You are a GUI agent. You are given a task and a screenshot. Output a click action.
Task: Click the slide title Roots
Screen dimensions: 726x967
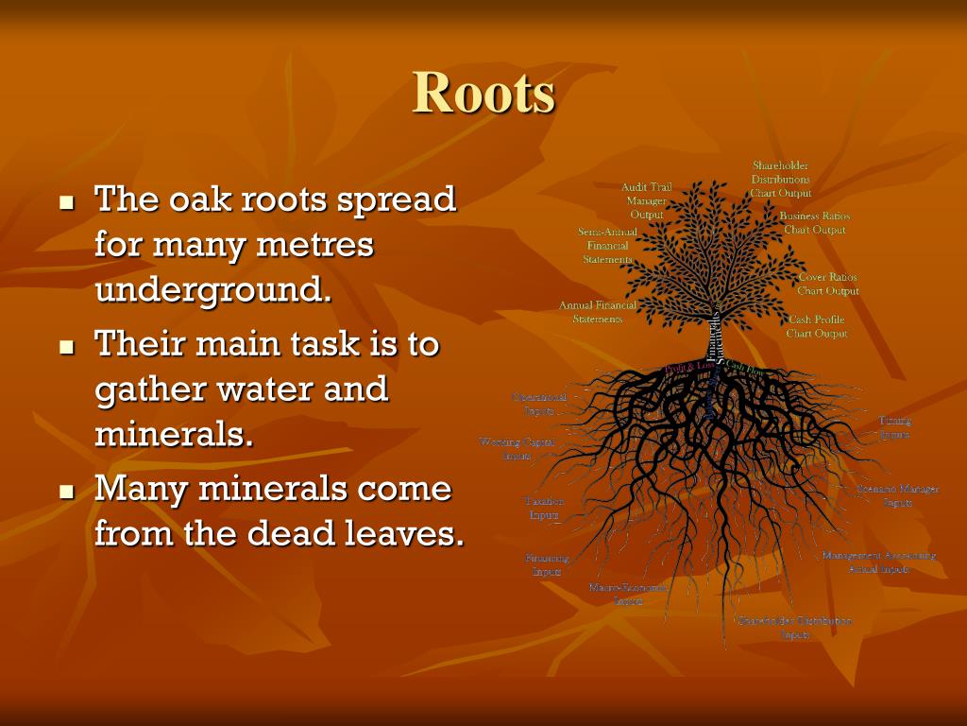click(x=483, y=93)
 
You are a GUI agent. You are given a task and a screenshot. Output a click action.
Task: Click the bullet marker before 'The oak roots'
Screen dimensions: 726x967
click(x=66, y=202)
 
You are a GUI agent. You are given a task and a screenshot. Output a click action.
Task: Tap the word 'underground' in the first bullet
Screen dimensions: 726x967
click(x=213, y=289)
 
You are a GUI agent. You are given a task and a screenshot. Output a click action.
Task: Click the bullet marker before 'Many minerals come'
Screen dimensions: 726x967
click(x=66, y=493)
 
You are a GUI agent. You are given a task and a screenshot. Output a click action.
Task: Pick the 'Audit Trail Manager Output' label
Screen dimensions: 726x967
click(x=647, y=200)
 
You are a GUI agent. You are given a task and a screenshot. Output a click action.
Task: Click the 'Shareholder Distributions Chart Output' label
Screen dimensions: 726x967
click(x=780, y=179)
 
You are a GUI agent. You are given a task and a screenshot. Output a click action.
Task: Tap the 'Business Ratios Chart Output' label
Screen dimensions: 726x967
click(x=814, y=223)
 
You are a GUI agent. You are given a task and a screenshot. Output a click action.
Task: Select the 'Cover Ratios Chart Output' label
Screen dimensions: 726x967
click(x=827, y=284)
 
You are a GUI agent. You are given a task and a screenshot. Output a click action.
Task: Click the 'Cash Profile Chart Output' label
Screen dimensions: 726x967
click(x=817, y=326)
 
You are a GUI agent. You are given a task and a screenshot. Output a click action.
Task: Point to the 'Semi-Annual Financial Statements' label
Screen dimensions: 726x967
click(x=607, y=245)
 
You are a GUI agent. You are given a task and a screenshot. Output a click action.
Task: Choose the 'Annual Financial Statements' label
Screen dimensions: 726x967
click(x=598, y=312)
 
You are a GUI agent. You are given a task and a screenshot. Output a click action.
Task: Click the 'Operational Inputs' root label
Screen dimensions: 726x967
click(x=539, y=404)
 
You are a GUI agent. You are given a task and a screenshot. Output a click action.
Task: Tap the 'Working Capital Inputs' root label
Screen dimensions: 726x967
click(x=517, y=448)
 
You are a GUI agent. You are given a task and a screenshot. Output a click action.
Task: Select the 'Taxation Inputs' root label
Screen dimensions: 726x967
click(x=544, y=508)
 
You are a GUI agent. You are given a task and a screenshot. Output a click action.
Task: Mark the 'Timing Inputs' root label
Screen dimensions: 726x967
click(x=894, y=427)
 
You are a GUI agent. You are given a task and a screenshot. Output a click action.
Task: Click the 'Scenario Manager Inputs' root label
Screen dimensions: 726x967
click(x=897, y=495)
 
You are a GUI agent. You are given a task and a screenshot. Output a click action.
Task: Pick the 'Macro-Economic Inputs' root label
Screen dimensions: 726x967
click(x=627, y=594)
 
